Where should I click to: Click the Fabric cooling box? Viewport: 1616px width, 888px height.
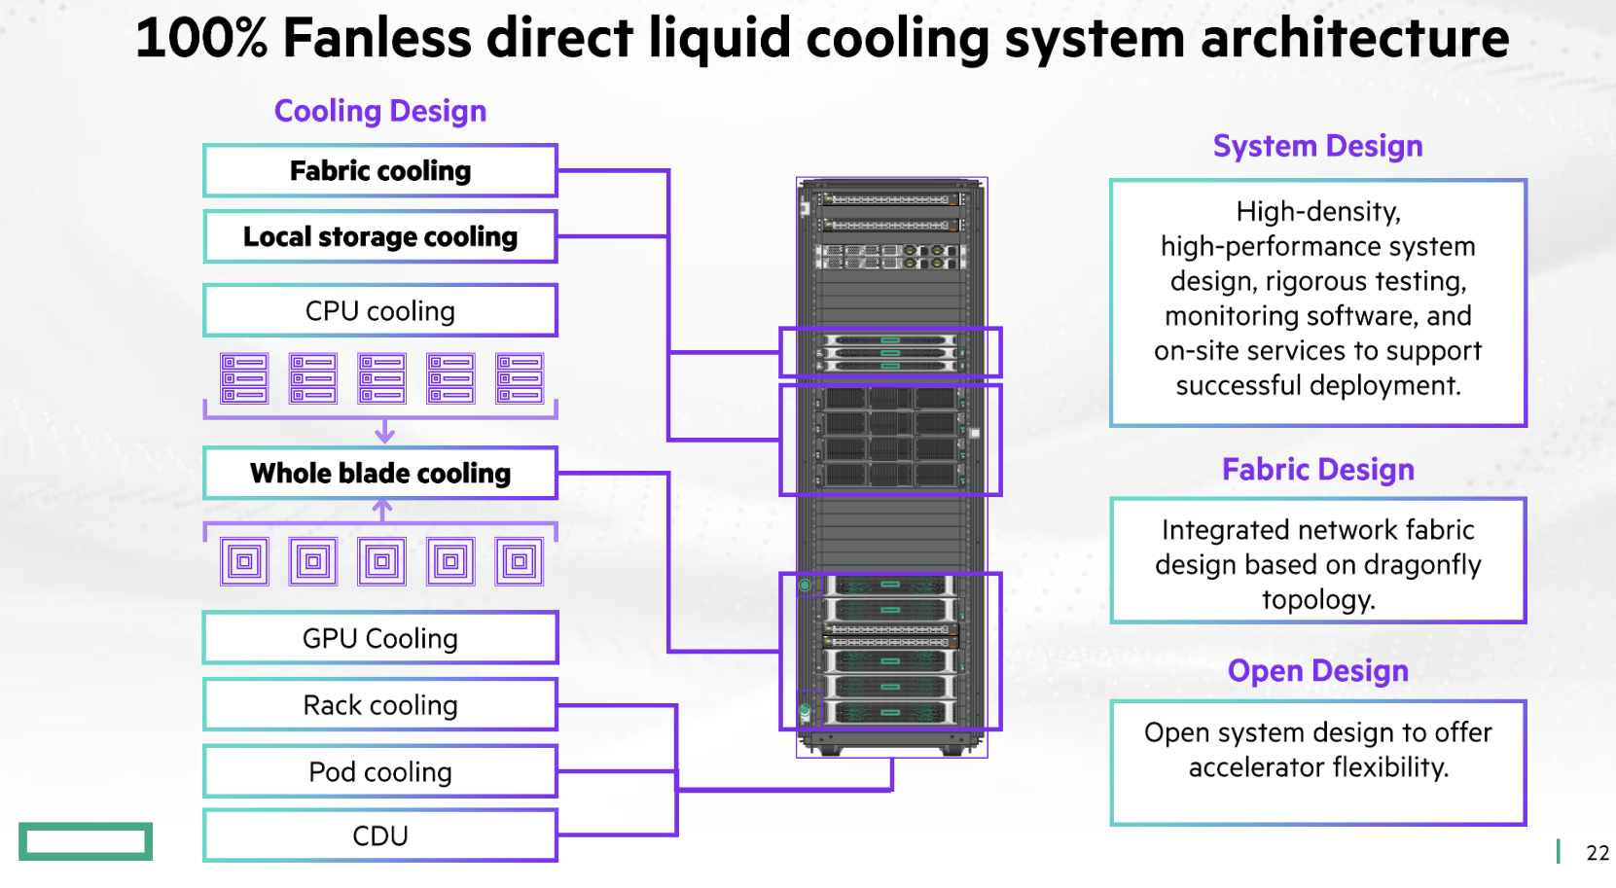(x=380, y=171)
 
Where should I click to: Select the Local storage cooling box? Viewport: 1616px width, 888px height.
(x=380, y=237)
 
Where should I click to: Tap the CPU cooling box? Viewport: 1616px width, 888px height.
(x=380, y=311)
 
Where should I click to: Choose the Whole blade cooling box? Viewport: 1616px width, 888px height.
(x=380, y=474)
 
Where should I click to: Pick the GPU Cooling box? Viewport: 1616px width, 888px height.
(x=380, y=639)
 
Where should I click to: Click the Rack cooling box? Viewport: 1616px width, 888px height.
(x=380, y=705)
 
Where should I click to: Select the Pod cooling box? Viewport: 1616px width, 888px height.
(x=380, y=772)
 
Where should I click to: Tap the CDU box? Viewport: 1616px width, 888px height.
(x=380, y=836)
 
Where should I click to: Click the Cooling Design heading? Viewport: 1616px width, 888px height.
(x=380, y=112)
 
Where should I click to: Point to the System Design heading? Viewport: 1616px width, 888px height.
(x=1317, y=146)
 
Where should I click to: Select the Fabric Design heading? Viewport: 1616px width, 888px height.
(x=1317, y=470)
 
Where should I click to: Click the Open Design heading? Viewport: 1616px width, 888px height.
(x=1317, y=671)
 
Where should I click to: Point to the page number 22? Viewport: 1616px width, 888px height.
(x=1598, y=853)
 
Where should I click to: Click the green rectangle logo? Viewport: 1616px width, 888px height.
(x=86, y=841)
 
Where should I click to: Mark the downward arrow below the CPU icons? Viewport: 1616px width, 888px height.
(x=385, y=431)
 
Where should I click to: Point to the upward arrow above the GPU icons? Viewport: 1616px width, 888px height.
(x=383, y=509)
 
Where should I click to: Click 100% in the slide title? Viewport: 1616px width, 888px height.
(x=200, y=39)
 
